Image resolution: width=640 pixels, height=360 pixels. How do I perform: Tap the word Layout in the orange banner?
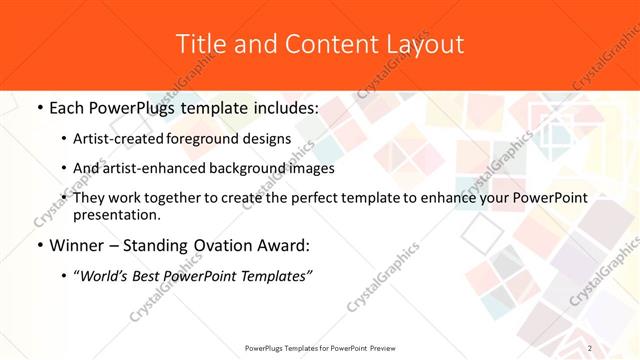point(423,44)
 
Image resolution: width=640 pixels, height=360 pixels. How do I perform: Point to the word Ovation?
point(220,245)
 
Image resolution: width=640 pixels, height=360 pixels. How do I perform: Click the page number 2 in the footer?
point(591,348)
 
